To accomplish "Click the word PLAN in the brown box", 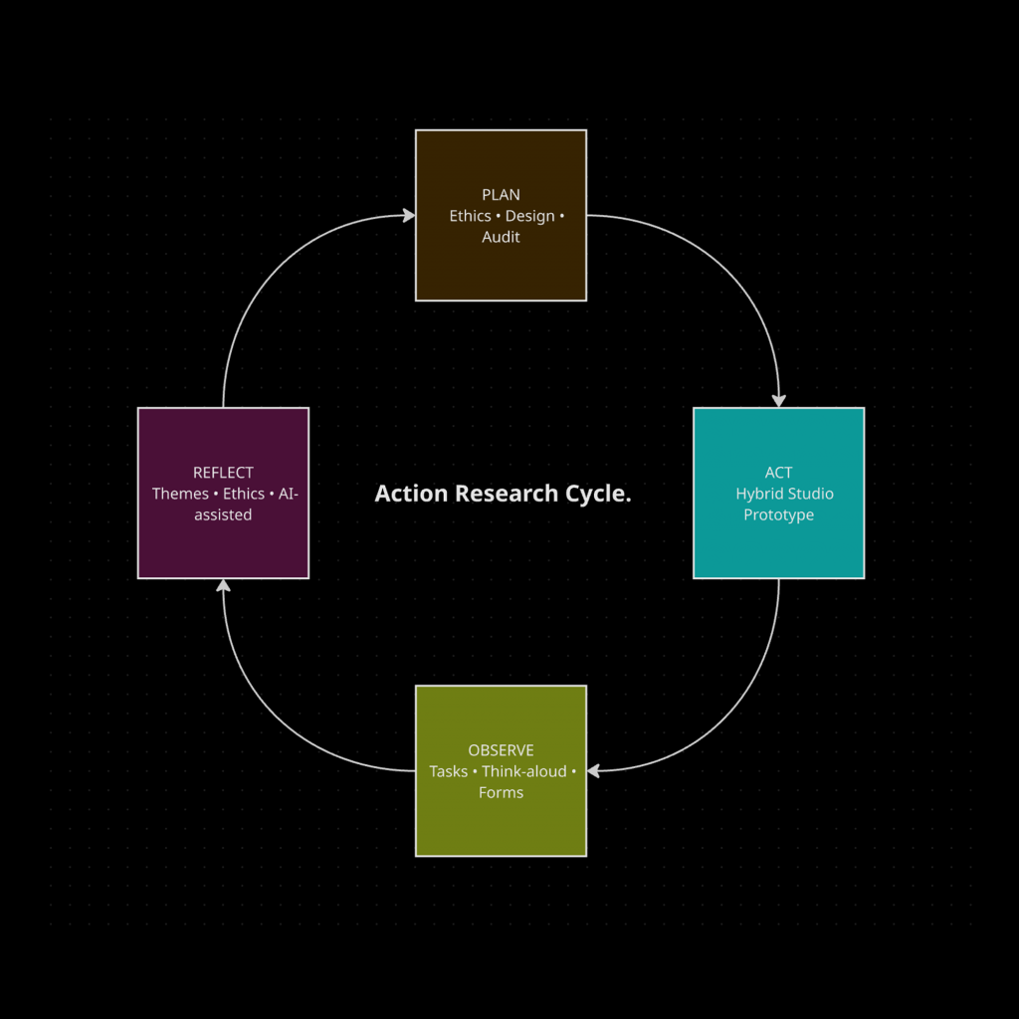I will coord(501,195).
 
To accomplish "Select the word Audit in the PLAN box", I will coord(501,237).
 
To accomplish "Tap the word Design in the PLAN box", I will coord(529,216).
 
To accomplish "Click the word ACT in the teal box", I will coord(778,473).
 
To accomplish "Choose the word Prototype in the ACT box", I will coord(778,514).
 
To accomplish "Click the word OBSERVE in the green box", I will coord(501,750).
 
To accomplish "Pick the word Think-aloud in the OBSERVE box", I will coord(523,771).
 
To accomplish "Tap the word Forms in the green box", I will coord(501,792).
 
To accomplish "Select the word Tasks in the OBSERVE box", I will coord(448,771).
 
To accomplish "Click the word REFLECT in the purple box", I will coord(223,473).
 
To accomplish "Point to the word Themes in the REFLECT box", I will coord(180,494).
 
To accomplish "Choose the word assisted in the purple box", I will coord(223,514).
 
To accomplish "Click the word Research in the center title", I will coord(502,494).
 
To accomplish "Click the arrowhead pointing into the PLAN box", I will coord(408,215).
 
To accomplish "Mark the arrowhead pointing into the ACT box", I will coord(778,400).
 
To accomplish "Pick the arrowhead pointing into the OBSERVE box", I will coord(594,770).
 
